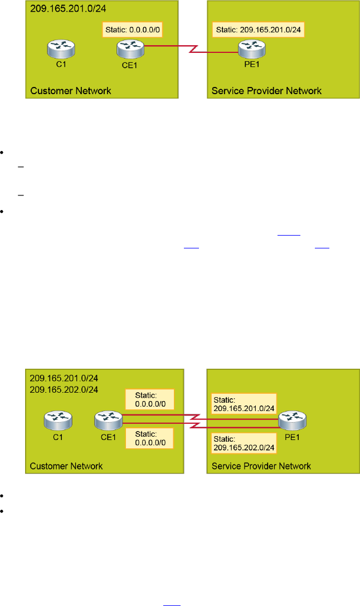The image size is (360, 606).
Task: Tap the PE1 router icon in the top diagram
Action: click(x=246, y=51)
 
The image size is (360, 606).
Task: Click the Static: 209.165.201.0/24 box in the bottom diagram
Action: click(x=244, y=403)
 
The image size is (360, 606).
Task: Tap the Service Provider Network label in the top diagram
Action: click(x=266, y=91)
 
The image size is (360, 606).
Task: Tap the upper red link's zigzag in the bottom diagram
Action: click(x=198, y=416)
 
